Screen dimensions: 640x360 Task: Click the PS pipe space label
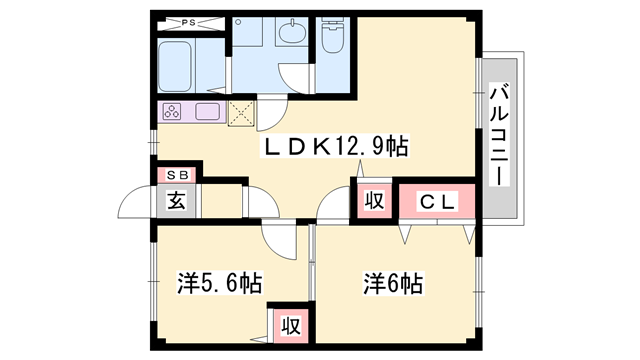click(x=188, y=23)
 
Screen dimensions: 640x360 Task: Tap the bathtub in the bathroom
click(x=175, y=66)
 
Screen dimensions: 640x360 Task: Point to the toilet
click(x=333, y=35)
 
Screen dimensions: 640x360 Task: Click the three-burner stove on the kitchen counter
click(x=172, y=111)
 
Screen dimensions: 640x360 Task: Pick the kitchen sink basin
click(x=207, y=111)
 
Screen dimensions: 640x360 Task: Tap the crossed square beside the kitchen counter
click(x=241, y=113)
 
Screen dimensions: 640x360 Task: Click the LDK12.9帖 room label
click(x=335, y=147)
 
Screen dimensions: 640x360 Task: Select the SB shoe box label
click(x=178, y=175)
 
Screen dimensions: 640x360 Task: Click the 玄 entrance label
click(x=176, y=201)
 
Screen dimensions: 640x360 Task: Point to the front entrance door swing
click(x=135, y=201)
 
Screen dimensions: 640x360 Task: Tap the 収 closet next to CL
click(x=374, y=201)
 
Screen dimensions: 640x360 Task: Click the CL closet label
click(x=437, y=202)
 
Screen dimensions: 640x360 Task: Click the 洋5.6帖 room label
click(x=219, y=282)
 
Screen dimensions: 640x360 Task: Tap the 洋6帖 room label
click(x=393, y=283)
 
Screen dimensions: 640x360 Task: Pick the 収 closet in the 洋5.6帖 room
click(x=291, y=326)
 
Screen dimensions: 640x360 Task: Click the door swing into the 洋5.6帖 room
click(x=280, y=241)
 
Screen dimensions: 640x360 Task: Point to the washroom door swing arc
click(x=295, y=78)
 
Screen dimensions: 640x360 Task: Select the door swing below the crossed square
click(x=272, y=114)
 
